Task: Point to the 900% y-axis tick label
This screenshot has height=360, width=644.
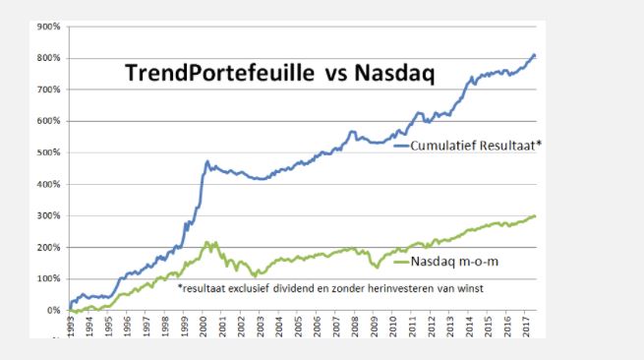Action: pyautogui.click(x=49, y=27)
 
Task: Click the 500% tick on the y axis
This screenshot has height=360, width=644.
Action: pyautogui.click(x=49, y=152)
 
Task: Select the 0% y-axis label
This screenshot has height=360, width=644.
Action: pyautogui.click(x=54, y=311)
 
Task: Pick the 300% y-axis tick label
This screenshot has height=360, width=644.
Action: pyautogui.click(x=49, y=215)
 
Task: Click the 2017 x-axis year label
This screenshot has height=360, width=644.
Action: pyautogui.click(x=528, y=327)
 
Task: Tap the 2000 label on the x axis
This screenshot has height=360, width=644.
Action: pyautogui.click(x=205, y=327)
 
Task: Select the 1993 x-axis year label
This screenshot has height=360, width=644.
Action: pyautogui.click(x=71, y=327)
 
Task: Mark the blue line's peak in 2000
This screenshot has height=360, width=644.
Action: pyautogui.click(x=207, y=160)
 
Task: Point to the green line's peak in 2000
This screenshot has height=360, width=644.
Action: pyautogui.click(x=206, y=242)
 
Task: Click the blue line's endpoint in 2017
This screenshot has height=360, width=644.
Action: pyautogui.click(x=534, y=55)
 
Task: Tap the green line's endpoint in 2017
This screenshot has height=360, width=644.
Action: pyautogui.click(x=534, y=216)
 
